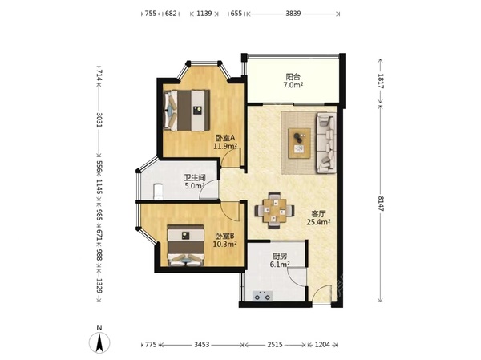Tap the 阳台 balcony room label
pos(293,76)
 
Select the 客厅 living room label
pos(318,214)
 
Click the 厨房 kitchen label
pos(280,256)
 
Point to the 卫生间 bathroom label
pos(195,178)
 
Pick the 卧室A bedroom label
pos(225,138)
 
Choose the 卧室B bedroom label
pos(224,236)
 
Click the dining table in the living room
pos(274,210)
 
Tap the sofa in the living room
pos(326,143)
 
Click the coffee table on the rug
pos(299,144)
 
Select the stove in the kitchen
pos(262,296)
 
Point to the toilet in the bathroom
pos(158,192)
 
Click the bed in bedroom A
pos(187,111)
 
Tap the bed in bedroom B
pos(186,245)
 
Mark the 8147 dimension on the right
pos(381,203)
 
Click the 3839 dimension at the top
pos(293,14)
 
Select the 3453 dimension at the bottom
pos(202,345)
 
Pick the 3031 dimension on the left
pos(99,120)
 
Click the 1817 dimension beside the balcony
pos(381,81)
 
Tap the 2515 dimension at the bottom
pos(274,345)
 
